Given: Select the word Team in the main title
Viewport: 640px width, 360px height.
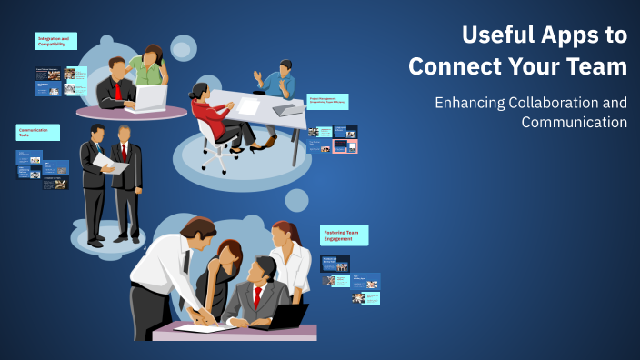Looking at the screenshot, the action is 595,66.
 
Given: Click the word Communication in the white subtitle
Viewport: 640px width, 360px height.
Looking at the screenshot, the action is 574,122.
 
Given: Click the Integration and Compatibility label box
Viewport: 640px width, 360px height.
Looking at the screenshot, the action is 56,41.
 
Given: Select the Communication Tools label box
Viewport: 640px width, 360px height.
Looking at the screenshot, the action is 38,133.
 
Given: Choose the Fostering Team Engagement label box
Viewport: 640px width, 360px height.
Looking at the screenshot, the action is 344,235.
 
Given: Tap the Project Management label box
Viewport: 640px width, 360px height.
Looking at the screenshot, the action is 327,101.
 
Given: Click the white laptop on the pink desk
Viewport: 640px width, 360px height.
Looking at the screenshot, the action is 152,97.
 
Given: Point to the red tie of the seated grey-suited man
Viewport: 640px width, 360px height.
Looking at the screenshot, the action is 258,296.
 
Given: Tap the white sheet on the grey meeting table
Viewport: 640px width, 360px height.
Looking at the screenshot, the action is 248,106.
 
